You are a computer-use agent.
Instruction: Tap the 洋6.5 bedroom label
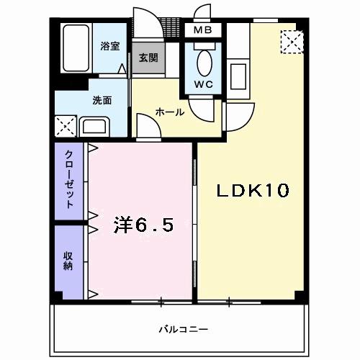143,226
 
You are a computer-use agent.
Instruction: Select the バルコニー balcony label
179,330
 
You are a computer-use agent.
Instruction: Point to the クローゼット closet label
70,180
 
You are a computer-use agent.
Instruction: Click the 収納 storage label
69,261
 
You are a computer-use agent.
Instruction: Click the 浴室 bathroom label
109,45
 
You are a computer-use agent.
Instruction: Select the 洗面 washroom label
101,101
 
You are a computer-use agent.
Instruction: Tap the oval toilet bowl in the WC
204,64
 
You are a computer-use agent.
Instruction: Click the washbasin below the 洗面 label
94,128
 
